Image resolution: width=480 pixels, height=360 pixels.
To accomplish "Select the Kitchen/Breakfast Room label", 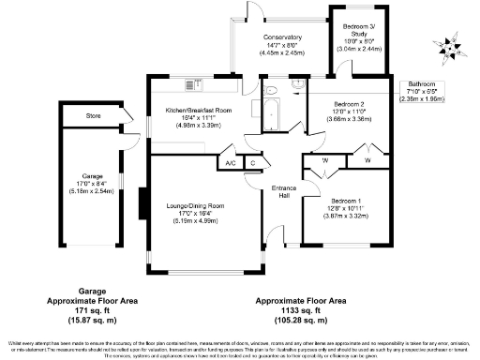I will point(198,111).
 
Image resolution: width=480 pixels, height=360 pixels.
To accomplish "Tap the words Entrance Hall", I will point(283,192).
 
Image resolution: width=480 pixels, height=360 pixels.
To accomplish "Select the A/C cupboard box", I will point(230,163).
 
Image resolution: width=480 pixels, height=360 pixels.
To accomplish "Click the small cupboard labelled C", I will point(252,163).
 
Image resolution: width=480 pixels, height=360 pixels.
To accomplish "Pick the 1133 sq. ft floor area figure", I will point(297,309).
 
